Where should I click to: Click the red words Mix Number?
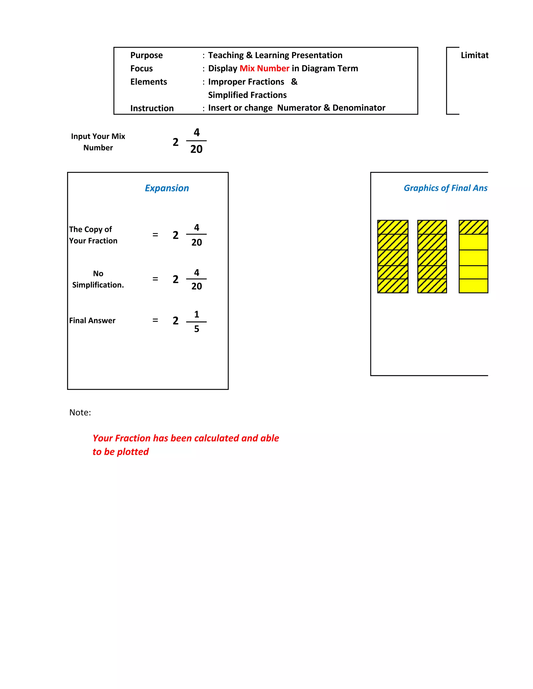(x=264, y=68)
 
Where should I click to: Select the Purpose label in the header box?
(x=147, y=55)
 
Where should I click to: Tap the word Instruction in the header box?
(x=152, y=108)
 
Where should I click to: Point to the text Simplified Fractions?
(x=247, y=95)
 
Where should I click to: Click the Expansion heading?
(x=167, y=188)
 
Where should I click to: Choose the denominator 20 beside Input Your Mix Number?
(x=196, y=149)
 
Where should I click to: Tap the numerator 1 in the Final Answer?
(x=197, y=314)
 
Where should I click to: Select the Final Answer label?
(x=92, y=321)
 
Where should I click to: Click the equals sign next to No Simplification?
(x=155, y=279)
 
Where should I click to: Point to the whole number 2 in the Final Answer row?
(x=176, y=321)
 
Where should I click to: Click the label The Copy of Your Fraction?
(x=93, y=235)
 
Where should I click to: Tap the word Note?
(x=80, y=413)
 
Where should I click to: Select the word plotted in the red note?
(x=133, y=452)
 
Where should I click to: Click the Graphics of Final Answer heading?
(x=446, y=188)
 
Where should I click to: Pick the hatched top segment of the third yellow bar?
(x=473, y=227)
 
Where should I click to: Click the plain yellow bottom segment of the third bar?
(x=473, y=286)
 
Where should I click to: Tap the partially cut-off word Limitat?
(x=474, y=55)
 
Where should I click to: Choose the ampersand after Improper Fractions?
(x=294, y=82)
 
